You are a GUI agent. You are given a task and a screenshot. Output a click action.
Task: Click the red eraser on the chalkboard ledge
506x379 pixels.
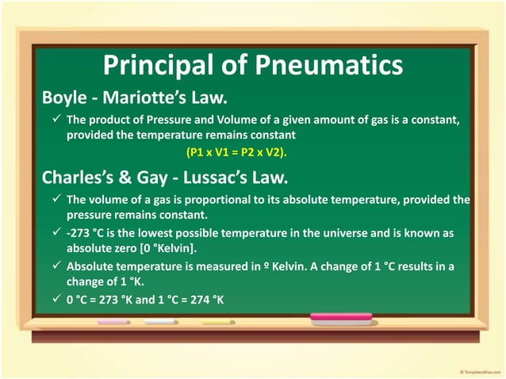(340, 318)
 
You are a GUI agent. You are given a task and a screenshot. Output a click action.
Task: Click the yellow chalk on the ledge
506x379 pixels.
(219, 322)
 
